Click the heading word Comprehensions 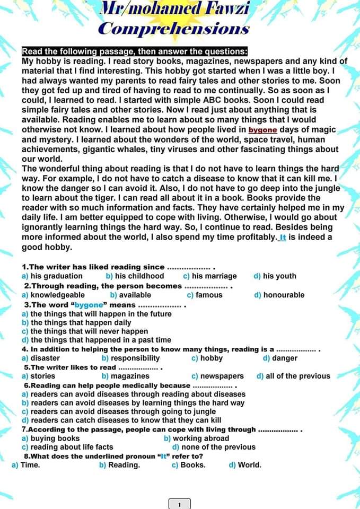[x=174, y=29]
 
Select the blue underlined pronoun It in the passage [x=283, y=238]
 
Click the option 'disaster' [x=45, y=358]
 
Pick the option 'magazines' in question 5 [x=130, y=376]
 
